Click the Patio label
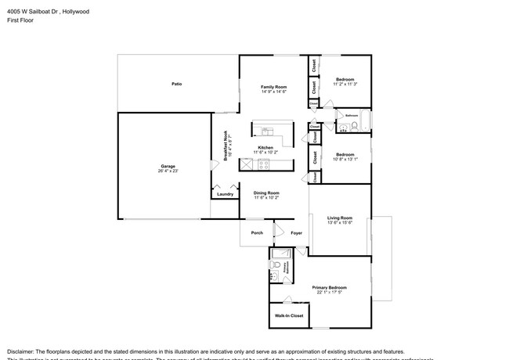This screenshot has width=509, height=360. click(177, 84)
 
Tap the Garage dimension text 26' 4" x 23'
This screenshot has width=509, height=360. click(168, 171)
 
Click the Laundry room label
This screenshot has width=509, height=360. click(225, 194)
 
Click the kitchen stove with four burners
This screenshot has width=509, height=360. click(264, 164)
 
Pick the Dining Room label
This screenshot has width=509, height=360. click(266, 193)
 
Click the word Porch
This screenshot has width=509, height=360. click(256, 232)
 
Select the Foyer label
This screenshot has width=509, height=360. click(297, 232)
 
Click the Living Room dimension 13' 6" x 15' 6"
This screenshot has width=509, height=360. click(339, 223)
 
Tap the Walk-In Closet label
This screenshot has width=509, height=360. click(288, 315)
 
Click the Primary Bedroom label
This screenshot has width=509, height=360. click(329, 288)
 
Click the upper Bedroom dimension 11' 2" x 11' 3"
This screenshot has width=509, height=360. click(345, 85)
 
